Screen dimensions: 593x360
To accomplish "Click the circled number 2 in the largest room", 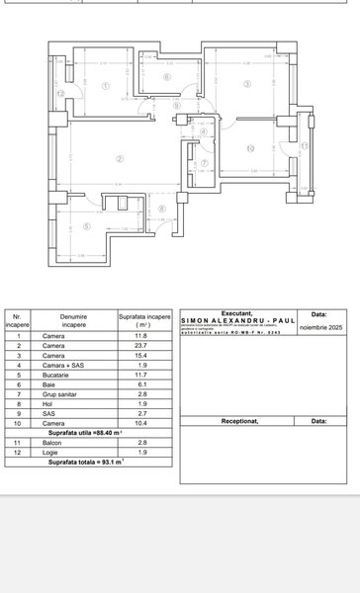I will (120, 158).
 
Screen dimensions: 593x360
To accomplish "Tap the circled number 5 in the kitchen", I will (87, 226).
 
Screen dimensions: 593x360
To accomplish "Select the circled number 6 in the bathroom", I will (167, 77).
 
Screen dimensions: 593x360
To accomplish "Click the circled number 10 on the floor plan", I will (250, 149).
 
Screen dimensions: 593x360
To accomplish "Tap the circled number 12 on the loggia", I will (60, 93).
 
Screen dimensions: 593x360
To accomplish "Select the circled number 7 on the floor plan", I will (205, 163).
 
